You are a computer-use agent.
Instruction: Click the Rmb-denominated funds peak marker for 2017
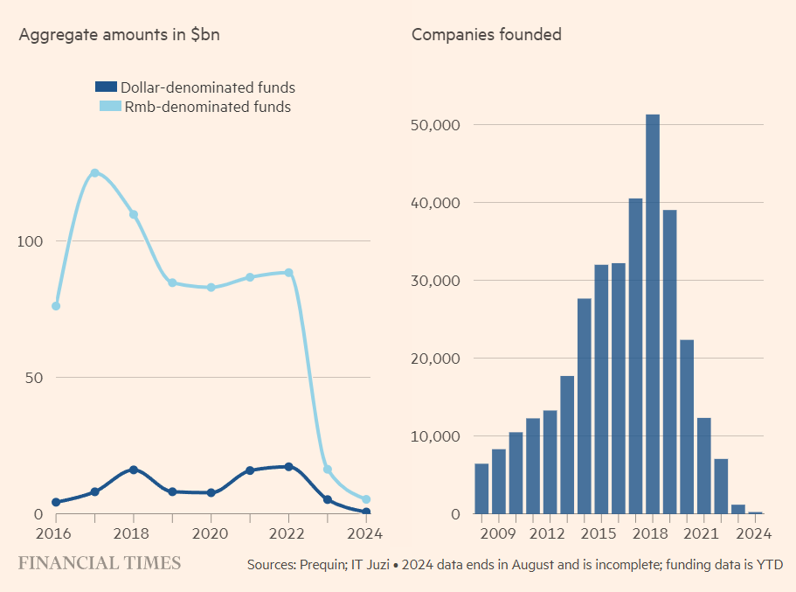(94, 173)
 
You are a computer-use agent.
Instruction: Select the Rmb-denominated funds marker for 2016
(56, 306)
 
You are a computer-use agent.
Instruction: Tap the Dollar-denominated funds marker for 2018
(134, 470)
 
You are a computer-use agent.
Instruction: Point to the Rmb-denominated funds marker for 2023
(328, 470)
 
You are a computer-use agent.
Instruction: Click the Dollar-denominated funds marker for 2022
(288, 467)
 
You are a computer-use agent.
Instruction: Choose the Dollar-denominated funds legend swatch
(106, 87)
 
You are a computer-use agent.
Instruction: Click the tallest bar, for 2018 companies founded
(653, 314)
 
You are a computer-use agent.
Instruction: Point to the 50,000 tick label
(434, 125)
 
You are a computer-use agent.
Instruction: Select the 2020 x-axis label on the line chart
(211, 533)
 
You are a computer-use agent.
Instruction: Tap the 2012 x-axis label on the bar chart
(549, 533)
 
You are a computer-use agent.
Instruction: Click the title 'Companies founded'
(486, 35)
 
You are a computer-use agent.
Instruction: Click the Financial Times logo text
(100, 563)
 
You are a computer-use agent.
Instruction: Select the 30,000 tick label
(434, 281)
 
